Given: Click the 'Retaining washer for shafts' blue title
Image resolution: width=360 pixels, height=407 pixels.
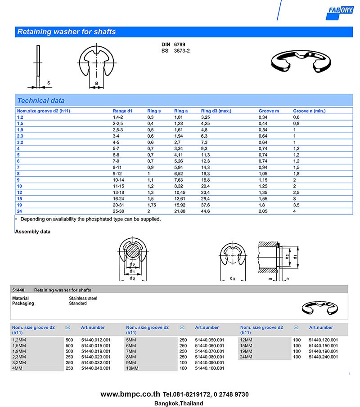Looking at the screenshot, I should (66, 32).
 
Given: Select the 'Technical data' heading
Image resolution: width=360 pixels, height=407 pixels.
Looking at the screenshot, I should (40, 101).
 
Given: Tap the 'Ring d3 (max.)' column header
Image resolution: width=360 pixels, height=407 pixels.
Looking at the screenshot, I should (216, 111).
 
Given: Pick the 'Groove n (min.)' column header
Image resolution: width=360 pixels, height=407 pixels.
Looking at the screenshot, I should (309, 111).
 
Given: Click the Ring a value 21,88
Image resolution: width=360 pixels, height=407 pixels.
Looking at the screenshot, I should (181, 211).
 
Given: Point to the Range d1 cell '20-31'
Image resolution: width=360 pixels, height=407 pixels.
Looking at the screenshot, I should (117, 205).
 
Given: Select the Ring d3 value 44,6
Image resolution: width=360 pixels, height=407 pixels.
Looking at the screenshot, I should (206, 211).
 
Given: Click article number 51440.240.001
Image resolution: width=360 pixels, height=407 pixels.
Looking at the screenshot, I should (324, 357).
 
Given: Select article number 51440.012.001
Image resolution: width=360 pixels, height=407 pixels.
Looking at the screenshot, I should (96, 340).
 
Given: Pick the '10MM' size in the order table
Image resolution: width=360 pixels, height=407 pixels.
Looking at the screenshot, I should (133, 368).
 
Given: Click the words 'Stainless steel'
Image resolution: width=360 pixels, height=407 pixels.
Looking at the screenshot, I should (83, 298).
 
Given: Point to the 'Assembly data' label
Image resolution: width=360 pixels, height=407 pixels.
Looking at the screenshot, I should (33, 232).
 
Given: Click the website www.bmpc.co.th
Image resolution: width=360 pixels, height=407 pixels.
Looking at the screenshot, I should (130, 394).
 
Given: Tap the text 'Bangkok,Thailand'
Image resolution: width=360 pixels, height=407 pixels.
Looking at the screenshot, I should (179, 403).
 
